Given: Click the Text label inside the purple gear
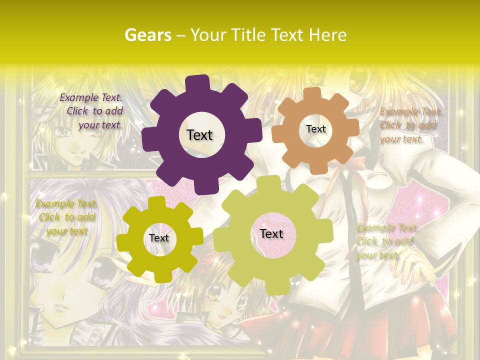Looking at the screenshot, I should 199,135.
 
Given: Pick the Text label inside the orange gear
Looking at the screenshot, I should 315,129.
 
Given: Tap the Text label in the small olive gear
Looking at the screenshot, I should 159,238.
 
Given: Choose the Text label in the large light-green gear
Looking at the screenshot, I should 271,233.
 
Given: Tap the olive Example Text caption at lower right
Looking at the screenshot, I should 385,241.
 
